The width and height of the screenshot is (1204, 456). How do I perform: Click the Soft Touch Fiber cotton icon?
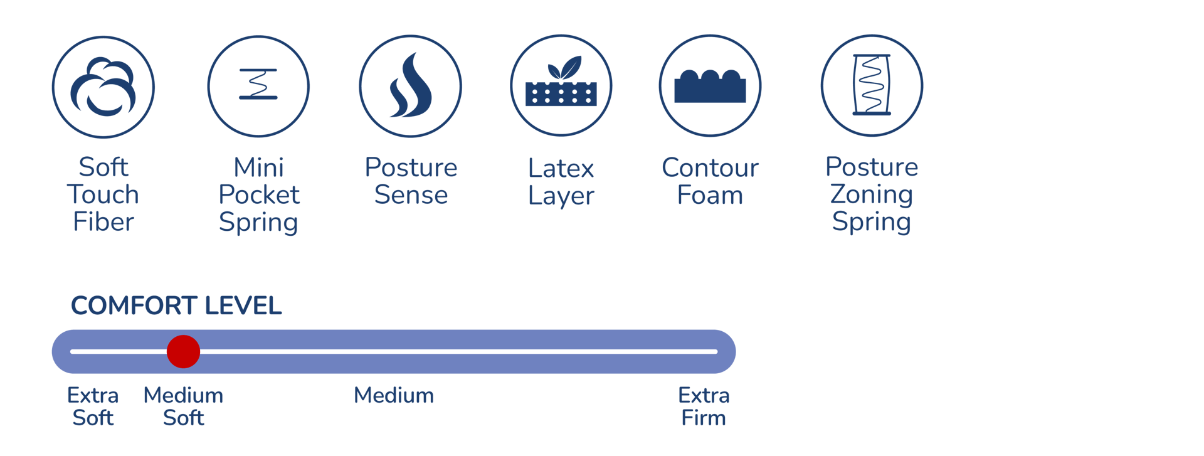(x=103, y=87)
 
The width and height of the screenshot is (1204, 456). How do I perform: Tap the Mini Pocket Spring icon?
(x=258, y=85)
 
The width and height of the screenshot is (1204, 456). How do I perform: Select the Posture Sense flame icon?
(x=411, y=86)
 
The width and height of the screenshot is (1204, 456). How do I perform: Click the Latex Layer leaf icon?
(x=561, y=85)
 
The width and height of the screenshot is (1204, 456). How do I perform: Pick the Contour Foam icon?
(x=710, y=85)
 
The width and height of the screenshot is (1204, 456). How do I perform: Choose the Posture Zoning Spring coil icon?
(x=872, y=85)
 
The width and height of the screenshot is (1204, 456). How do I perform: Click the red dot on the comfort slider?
(x=183, y=351)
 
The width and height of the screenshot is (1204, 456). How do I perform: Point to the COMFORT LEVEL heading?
(x=176, y=306)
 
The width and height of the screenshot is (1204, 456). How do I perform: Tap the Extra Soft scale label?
(x=93, y=406)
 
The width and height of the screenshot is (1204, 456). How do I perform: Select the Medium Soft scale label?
(x=183, y=406)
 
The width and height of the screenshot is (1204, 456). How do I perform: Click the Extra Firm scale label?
(x=704, y=406)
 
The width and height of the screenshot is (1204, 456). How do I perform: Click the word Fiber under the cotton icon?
(x=103, y=222)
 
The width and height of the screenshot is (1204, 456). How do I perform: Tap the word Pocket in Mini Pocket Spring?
(x=258, y=195)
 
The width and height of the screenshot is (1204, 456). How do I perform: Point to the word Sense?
(x=411, y=195)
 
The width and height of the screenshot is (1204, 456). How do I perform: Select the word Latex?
(x=561, y=168)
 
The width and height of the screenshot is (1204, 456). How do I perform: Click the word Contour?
(x=710, y=168)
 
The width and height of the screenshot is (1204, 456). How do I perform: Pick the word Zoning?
(x=872, y=195)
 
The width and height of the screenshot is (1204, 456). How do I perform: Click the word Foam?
(x=710, y=195)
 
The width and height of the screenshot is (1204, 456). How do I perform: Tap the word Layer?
(x=561, y=196)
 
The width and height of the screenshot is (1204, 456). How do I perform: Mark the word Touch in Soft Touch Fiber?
(x=103, y=195)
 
